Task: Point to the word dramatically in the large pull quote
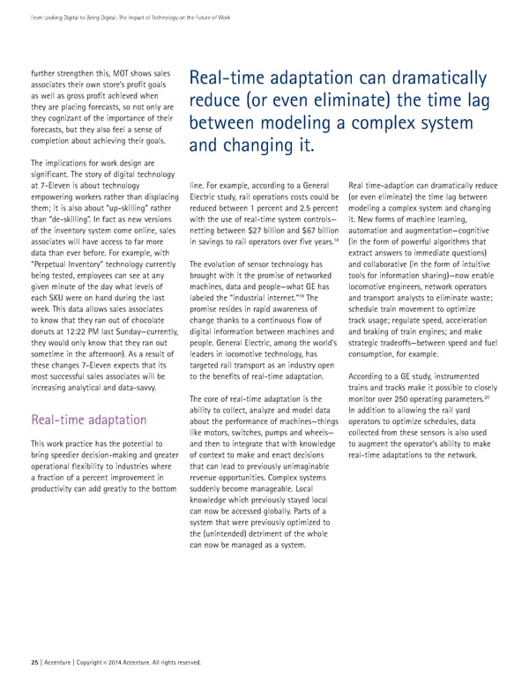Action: [x=439, y=78]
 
